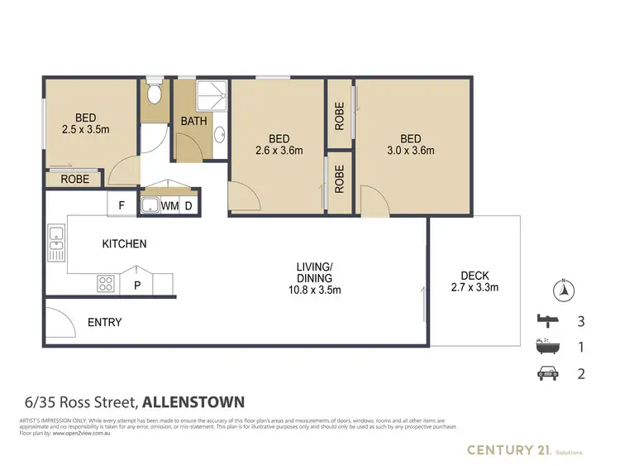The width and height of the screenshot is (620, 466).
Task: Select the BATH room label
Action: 194,122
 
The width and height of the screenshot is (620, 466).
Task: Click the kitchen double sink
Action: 56,238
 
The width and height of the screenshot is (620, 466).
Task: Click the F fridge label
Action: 122,204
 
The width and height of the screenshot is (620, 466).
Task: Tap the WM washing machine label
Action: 169,205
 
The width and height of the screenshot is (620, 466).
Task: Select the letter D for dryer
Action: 188,205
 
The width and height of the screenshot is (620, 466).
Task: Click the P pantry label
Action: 137,285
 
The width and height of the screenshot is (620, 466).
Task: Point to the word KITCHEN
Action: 124,244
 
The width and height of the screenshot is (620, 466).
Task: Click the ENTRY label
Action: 104,322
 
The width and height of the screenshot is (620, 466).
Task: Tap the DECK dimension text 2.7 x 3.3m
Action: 475,288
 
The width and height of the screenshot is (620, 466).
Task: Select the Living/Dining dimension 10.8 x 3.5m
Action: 314,290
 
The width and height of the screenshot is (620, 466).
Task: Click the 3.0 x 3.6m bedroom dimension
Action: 411,151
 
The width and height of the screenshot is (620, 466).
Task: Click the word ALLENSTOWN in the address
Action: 194,402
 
